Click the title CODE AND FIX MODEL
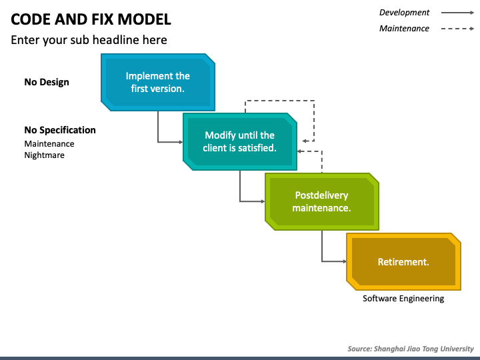click(91, 19)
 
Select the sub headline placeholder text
click(89, 40)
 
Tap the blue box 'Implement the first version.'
click(157, 82)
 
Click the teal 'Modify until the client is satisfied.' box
click(240, 141)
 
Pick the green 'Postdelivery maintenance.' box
click(322, 201)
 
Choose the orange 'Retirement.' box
click(403, 261)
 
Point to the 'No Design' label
click(47, 82)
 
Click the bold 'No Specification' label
click(60, 130)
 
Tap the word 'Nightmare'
click(45, 155)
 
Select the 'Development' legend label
click(404, 13)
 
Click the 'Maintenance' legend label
click(404, 29)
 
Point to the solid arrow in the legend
click(457, 13)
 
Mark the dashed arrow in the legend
click(457, 29)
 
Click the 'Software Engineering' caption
click(403, 299)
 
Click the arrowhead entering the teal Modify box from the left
click(181, 142)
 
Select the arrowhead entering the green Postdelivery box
click(263, 201)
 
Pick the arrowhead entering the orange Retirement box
click(344, 261)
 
